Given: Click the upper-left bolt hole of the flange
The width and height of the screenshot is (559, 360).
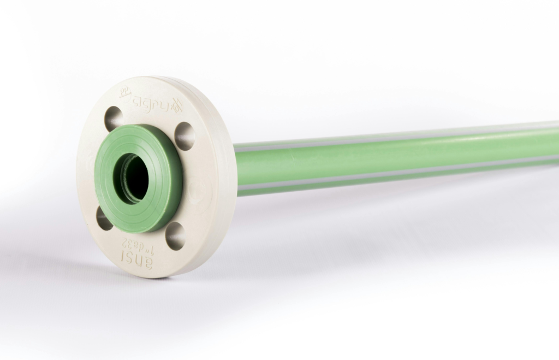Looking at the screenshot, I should tap(114, 118).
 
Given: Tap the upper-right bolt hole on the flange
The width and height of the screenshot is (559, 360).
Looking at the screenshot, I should tap(185, 136).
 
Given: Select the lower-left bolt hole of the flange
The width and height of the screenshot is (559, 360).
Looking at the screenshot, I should tap(104, 218).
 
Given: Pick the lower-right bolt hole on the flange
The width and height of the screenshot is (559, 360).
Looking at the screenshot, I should tap(175, 235).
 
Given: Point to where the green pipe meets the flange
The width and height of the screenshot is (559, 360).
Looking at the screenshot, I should tap(236, 169).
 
